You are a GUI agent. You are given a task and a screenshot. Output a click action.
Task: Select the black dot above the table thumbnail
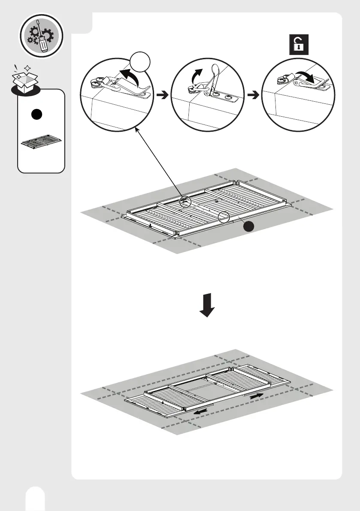[36, 115]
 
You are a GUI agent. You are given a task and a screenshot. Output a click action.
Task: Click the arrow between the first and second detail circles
[161, 96]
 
